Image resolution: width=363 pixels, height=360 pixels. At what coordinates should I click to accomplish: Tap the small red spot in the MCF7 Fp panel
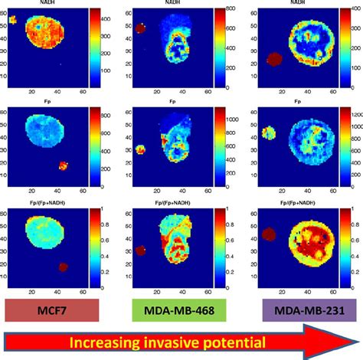(64, 165)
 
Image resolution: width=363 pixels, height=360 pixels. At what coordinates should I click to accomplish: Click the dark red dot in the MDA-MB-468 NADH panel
(141, 28)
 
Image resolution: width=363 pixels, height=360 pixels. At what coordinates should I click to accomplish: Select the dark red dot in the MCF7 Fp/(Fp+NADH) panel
(64, 267)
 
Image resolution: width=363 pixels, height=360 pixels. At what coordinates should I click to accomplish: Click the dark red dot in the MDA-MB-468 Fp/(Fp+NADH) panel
(141, 250)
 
